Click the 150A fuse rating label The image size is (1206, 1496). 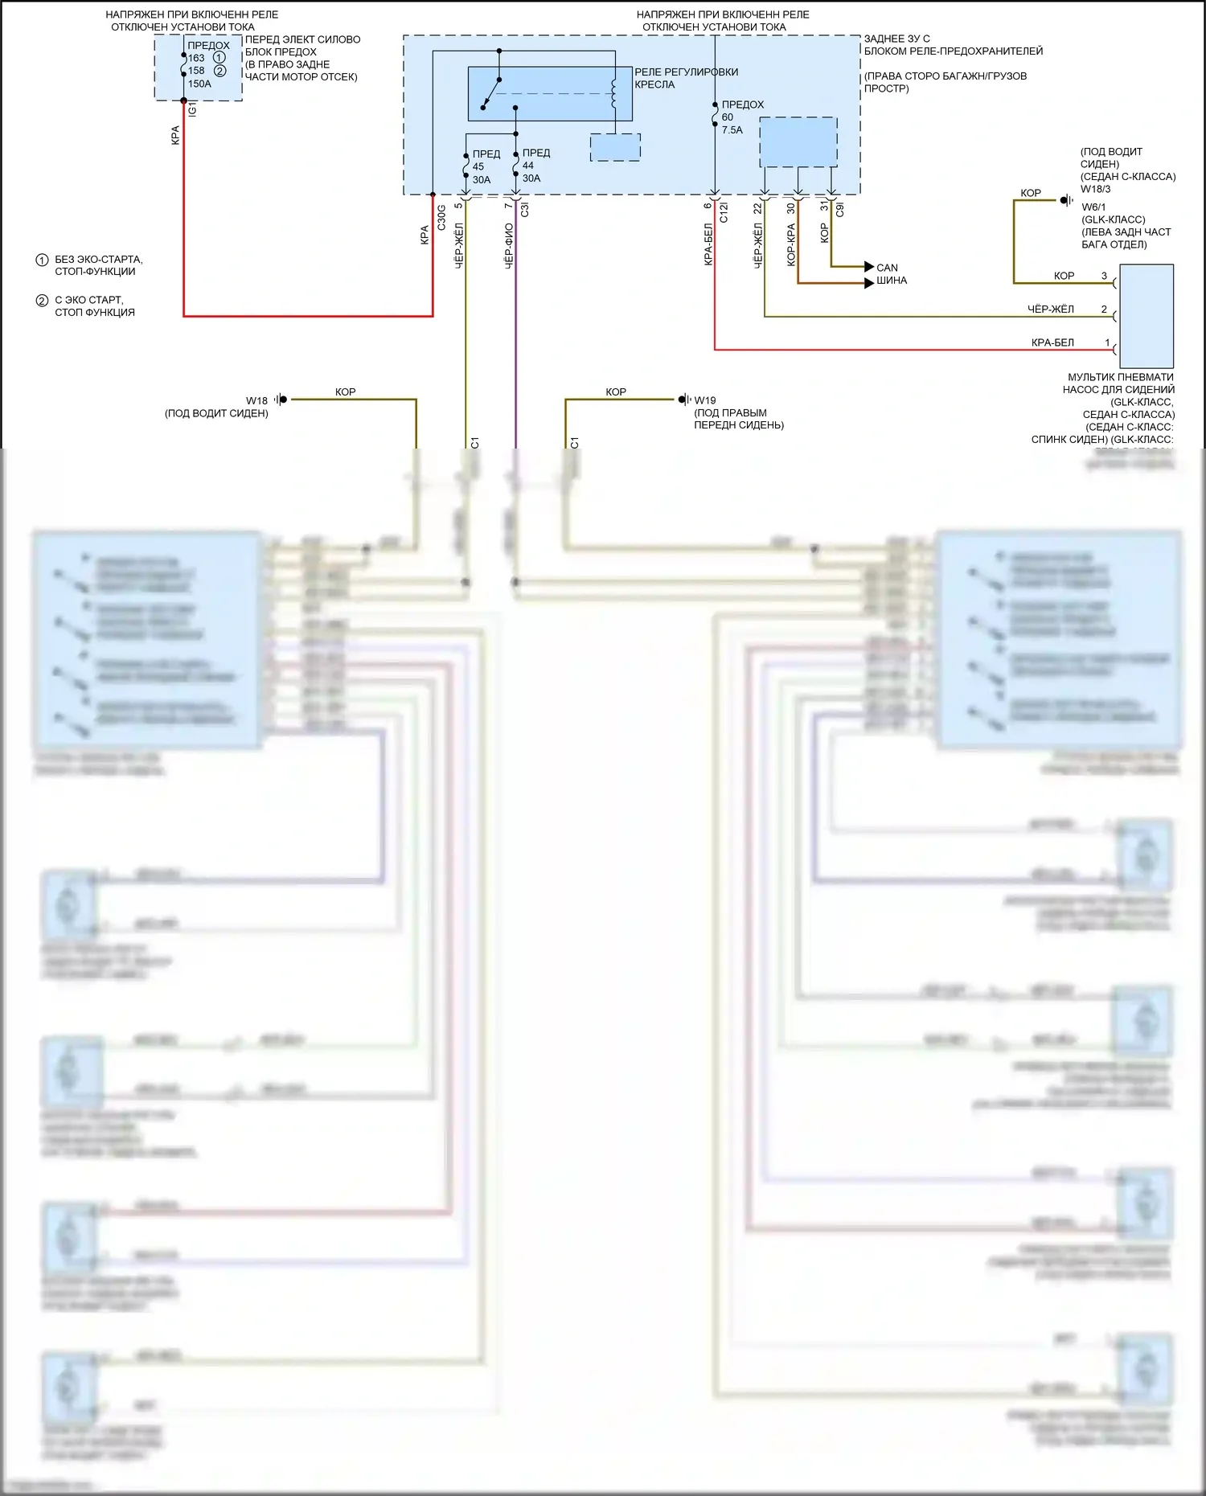199,84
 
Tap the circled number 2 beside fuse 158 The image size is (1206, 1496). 220,71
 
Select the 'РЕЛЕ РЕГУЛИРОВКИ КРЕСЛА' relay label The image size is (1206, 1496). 686,78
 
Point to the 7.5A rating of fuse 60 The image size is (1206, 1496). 732,130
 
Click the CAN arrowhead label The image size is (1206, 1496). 887,268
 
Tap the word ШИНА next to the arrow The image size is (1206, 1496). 891,281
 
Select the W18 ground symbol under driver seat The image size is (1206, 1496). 281,400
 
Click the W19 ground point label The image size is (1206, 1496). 704,400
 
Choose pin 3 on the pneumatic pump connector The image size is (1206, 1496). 1104,276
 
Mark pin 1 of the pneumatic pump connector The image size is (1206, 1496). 1107,343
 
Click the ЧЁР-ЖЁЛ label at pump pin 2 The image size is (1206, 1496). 1050,309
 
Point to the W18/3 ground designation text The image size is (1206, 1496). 1095,190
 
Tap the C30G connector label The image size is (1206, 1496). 441,218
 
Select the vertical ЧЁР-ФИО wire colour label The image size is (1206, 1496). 509,246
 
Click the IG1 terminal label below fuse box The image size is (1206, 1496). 192,109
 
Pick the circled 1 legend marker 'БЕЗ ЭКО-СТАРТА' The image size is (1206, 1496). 42,260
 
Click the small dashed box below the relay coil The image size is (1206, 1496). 615,147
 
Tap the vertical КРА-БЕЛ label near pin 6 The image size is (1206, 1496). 708,244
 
